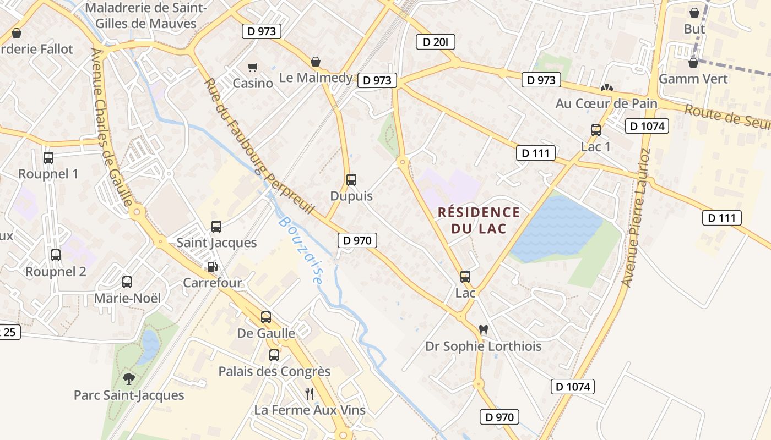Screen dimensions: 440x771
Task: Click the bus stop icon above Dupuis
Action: click(351, 179)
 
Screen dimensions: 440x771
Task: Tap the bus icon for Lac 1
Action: click(595, 130)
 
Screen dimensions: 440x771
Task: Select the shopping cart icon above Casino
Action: click(252, 67)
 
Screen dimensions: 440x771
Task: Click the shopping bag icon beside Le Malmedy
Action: click(316, 62)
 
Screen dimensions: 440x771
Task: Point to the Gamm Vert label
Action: click(693, 79)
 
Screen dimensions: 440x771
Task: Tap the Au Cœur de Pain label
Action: click(606, 103)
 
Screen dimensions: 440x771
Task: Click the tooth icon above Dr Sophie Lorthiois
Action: click(484, 330)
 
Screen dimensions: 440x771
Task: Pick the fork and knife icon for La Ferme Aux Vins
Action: click(310, 393)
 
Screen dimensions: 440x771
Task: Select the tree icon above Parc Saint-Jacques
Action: click(129, 378)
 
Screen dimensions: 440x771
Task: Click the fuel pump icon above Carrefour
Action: click(212, 267)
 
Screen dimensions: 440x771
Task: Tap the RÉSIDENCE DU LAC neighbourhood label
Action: click(479, 220)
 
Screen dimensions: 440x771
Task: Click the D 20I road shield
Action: click(435, 42)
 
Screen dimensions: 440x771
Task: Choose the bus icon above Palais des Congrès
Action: click(274, 355)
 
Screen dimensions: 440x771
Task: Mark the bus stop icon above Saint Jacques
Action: click(216, 226)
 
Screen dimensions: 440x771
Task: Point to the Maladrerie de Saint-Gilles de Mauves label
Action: click(146, 16)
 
